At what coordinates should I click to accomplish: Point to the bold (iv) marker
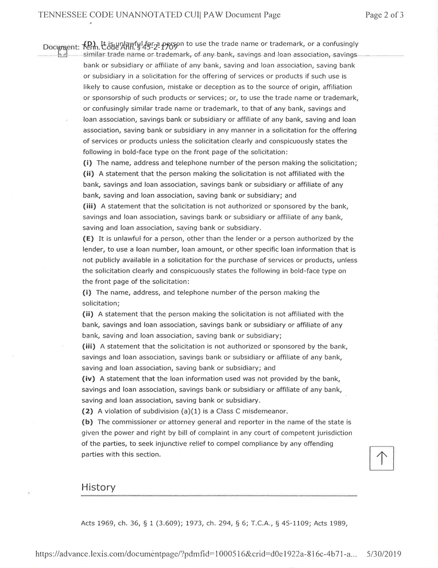(89, 379)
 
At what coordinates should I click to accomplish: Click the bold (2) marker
(88, 411)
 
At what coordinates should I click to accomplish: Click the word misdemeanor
(266, 411)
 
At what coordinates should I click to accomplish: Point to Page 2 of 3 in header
(385, 15)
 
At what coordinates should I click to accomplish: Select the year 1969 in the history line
(106, 523)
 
